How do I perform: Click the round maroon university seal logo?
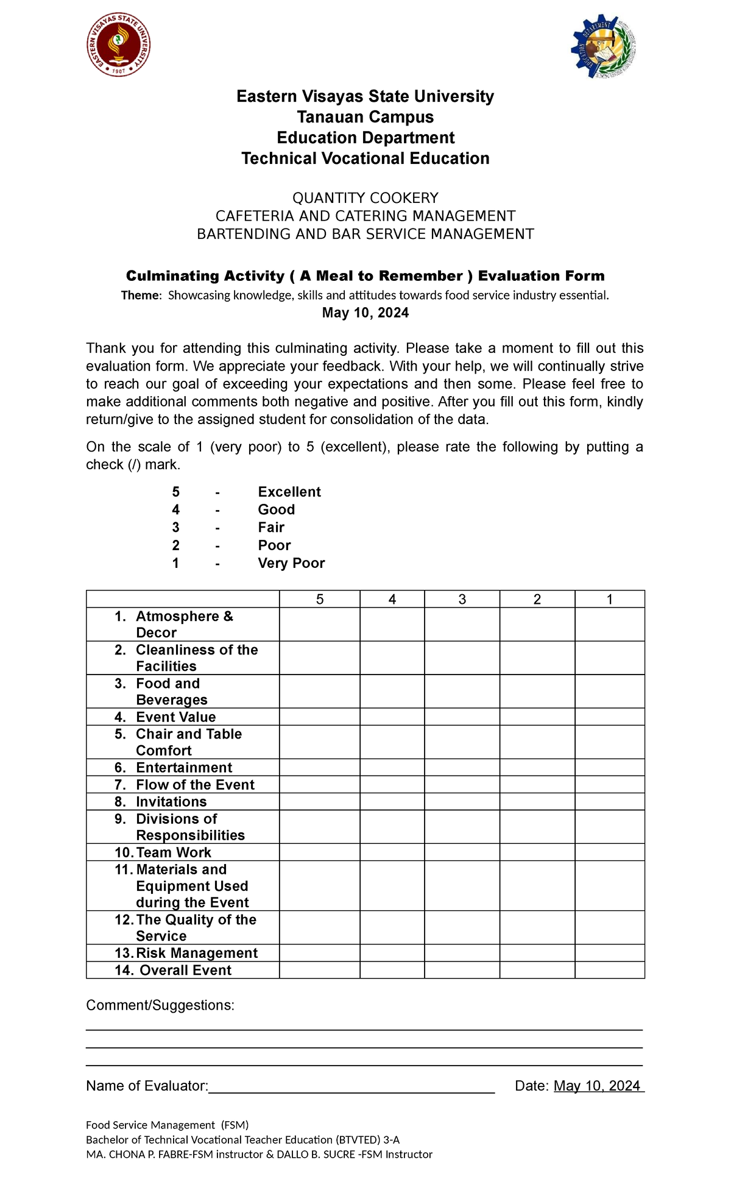click(x=118, y=45)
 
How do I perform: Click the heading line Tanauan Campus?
click(x=365, y=117)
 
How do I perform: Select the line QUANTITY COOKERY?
click(x=365, y=198)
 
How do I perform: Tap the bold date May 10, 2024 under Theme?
click(x=365, y=313)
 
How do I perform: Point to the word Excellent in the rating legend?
click(x=289, y=492)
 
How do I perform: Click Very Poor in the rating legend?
click(x=291, y=563)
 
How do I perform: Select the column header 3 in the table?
click(x=462, y=600)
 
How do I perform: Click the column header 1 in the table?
click(x=609, y=600)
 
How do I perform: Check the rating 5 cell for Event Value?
click(x=319, y=717)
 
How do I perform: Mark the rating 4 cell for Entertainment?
click(x=392, y=767)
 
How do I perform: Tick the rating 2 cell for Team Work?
click(x=537, y=852)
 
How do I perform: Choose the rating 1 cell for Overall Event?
click(x=609, y=970)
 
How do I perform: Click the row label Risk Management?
click(x=196, y=953)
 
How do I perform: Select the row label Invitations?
click(x=171, y=802)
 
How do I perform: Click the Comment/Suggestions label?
click(x=160, y=1005)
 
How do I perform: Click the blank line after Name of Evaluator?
click(x=351, y=1086)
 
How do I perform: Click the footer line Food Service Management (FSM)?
click(x=167, y=1125)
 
